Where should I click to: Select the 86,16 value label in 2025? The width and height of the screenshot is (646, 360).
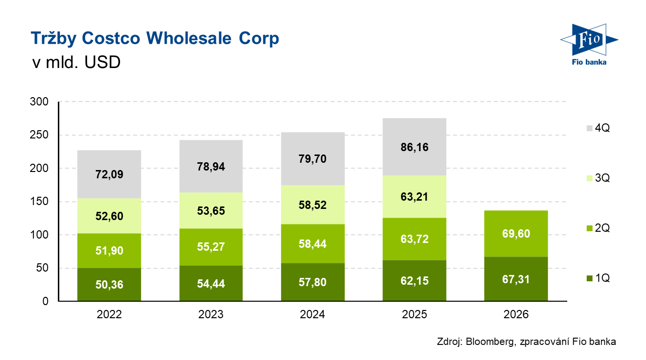[415, 147]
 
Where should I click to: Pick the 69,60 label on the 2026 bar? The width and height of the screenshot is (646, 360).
[516, 234]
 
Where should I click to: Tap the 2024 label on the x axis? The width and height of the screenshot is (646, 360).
[313, 315]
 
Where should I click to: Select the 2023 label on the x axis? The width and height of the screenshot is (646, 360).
[211, 315]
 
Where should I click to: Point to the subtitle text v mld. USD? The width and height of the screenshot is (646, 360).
[76, 63]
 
